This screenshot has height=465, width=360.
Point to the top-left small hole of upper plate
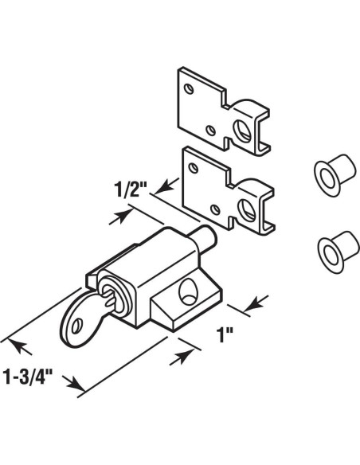(x=186, y=86)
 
